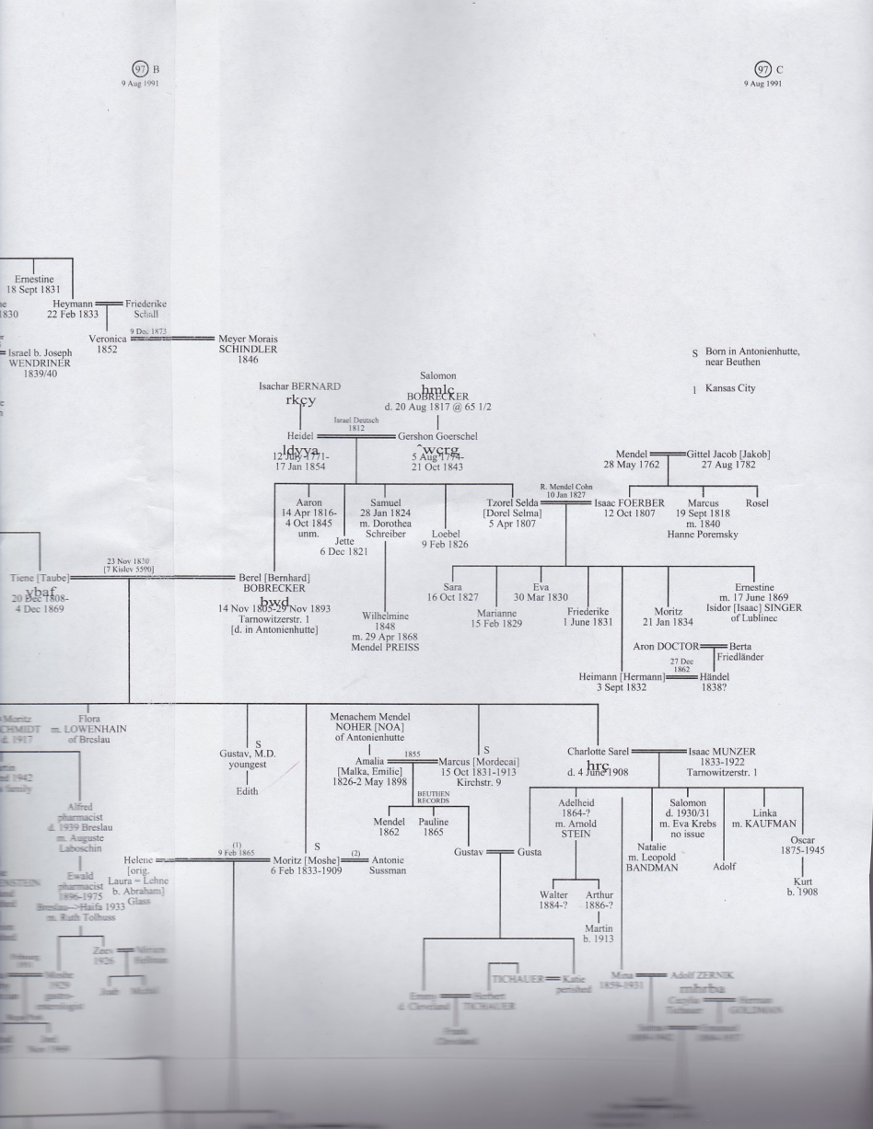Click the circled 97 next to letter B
[x=141, y=69]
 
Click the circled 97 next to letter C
[x=762, y=69]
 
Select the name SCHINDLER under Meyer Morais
[x=248, y=350]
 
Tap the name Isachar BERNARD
[x=299, y=386]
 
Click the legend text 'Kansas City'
[x=730, y=388]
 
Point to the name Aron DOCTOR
[x=666, y=646]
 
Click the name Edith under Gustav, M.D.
[x=247, y=791]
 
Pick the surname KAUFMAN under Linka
[x=763, y=823]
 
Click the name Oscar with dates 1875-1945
[x=803, y=839]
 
